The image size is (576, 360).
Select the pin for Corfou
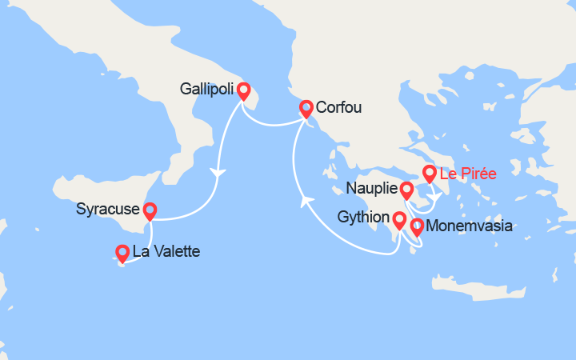pos(306,108)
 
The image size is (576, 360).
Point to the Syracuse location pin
pos(149,210)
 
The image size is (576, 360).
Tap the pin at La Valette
pos(122,253)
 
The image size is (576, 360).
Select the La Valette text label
pos(166,252)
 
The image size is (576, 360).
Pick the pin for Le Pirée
pos(430,173)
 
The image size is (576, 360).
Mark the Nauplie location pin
pos(406,190)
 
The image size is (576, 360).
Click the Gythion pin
pos(398,218)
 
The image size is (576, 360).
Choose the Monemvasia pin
pos(417,226)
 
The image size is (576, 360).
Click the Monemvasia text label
pos(470,226)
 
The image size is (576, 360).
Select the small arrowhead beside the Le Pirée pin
pos(433,195)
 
